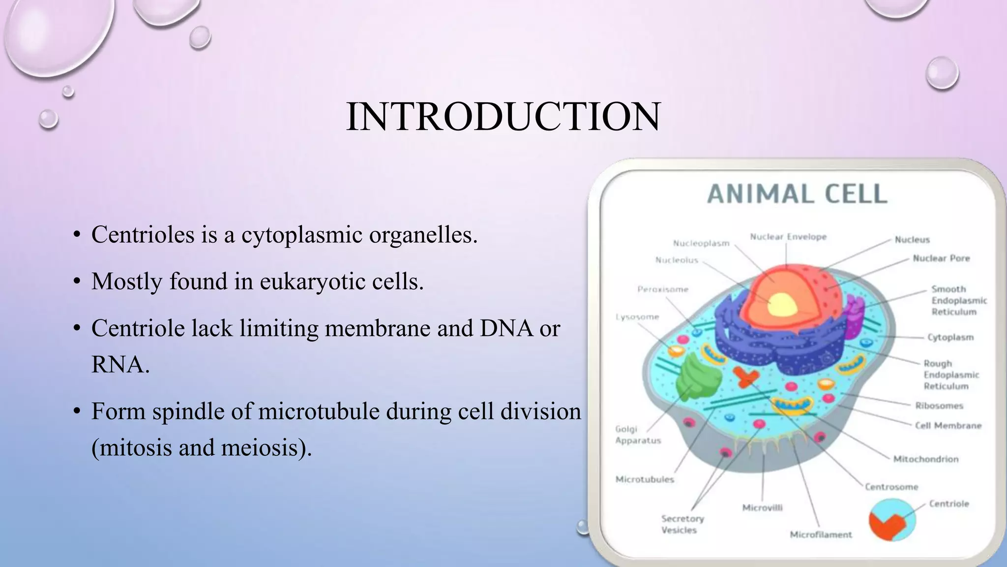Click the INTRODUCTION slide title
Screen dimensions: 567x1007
[x=503, y=117]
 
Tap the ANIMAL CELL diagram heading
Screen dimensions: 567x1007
[x=797, y=194]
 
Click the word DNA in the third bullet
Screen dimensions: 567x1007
[x=506, y=328]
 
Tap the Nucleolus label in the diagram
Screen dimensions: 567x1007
[x=677, y=260]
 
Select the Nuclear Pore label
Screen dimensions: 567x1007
[x=941, y=258]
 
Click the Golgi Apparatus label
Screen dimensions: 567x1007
[x=638, y=435]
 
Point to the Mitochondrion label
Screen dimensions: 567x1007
[x=925, y=459]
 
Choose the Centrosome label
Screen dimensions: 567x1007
[x=891, y=487]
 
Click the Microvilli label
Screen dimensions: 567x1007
[x=762, y=508]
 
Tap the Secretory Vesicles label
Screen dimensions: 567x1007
[x=682, y=524]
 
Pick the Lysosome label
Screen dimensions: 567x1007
[x=637, y=317]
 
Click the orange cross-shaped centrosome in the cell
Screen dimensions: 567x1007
[x=745, y=377]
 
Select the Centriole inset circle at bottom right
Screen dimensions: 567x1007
[x=892, y=520]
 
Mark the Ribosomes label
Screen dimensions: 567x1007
[x=939, y=406]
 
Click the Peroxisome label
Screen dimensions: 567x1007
[x=663, y=289]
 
